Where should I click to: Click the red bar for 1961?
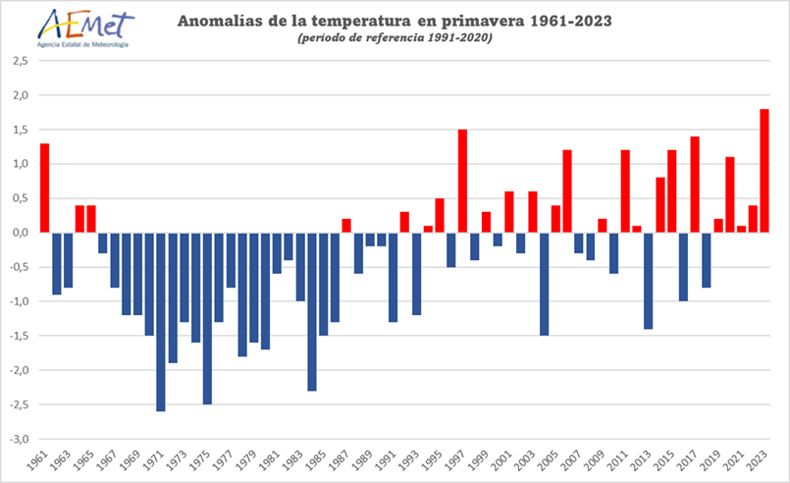[45, 188]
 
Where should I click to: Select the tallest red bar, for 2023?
[764, 171]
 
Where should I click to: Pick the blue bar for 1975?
[207, 318]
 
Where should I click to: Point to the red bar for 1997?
[462, 181]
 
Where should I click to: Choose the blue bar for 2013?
[649, 281]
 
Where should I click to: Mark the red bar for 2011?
[625, 191]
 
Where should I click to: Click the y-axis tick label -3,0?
[19, 439]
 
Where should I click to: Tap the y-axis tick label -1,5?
[19, 336]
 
